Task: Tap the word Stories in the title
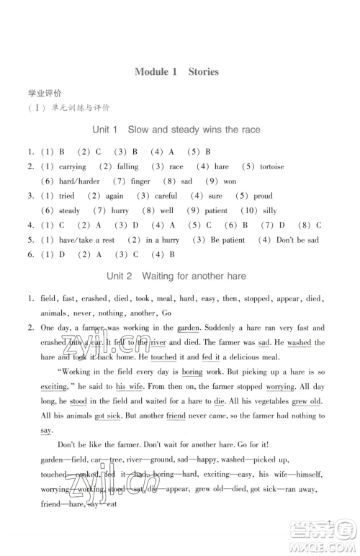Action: [x=203, y=72]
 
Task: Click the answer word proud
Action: [x=263, y=196]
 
